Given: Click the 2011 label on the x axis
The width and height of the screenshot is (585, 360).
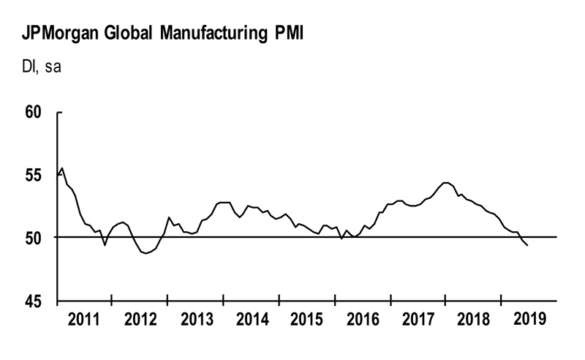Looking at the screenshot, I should pyautogui.click(x=85, y=320).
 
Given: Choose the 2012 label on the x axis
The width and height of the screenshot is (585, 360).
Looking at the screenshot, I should pyautogui.click(x=140, y=320).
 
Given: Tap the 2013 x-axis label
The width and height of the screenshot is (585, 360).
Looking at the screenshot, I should pyautogui.click(x=196, y=320).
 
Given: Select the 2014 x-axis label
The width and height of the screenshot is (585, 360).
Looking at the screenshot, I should pyautogui.click(x=252, y=320).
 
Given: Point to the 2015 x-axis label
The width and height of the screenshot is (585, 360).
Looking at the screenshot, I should pyautogui.click(x=307, y=320).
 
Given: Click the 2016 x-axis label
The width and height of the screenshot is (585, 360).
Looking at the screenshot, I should pyautogui.click(x=363, y=320).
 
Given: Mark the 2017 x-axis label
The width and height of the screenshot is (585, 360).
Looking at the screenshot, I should pyautogui.click(x=418, y=320).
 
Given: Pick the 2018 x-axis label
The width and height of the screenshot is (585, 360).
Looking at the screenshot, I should pyautogui.click(x=474, y=320).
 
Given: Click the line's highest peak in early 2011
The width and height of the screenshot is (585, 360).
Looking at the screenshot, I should pyautogui.click(x=62, y=168).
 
